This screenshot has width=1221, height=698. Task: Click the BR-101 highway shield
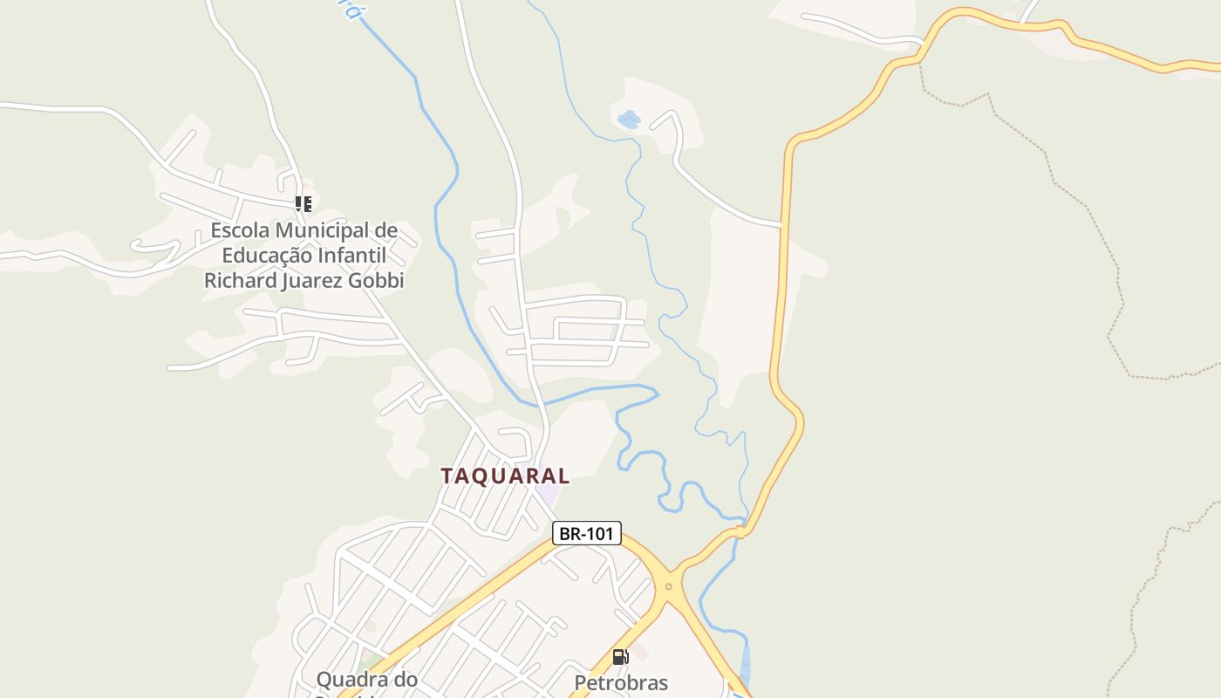[x=587, y=533]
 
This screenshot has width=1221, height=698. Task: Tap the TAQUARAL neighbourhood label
[x=505, y=476]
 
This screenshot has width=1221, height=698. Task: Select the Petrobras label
[x=621, y=682]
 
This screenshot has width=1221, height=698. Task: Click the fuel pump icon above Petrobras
[x=620, y=657]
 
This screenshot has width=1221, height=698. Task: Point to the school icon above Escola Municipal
[x=303, y=204]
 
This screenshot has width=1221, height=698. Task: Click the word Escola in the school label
[x=240, y=231]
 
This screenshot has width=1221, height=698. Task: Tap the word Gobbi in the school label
[x=378, y=281]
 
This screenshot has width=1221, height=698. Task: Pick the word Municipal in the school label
[x=322, y=231]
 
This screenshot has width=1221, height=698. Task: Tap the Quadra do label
[x=366, y=679]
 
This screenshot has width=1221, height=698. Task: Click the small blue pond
[x=628, y=119]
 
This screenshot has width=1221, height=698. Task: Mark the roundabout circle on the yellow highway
[x=669, y=586]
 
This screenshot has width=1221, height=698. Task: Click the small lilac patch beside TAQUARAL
[x=547, y=494]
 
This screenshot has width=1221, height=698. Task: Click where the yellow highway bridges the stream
[x=740, y=530]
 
